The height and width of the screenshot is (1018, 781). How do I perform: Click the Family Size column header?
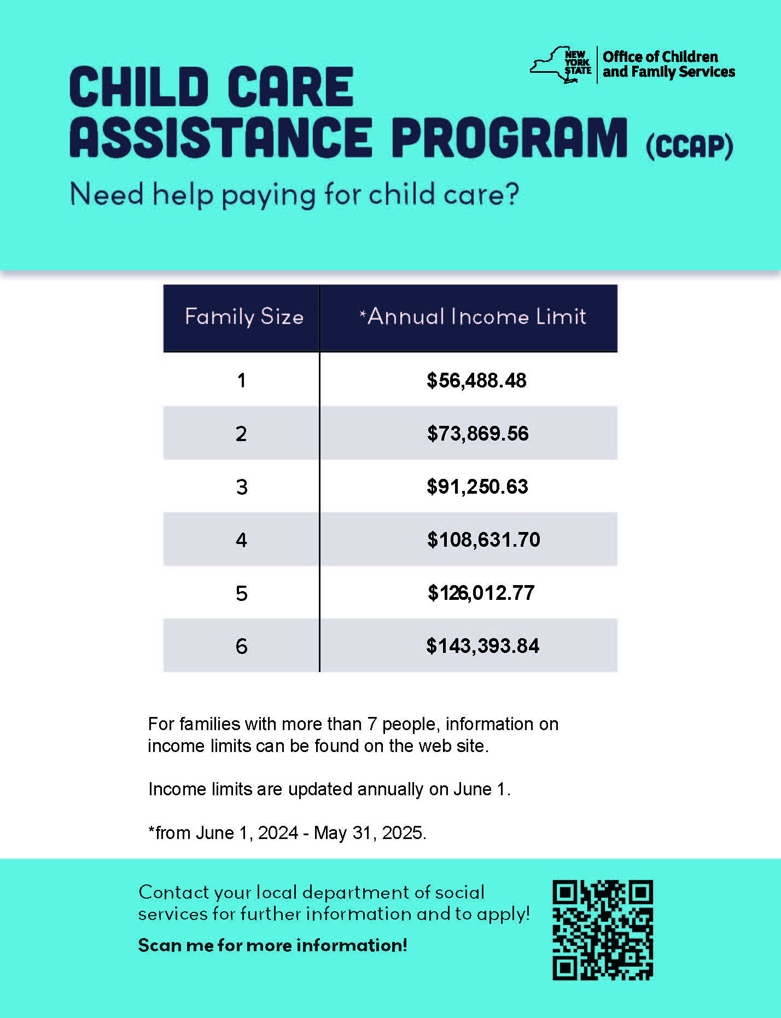[x=244, y=317]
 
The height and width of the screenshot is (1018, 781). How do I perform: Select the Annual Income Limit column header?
[x=473, y=317]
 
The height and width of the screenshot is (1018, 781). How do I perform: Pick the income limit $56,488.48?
[x=476, y=380]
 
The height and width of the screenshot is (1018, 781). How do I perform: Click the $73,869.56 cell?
[x=477, y=433]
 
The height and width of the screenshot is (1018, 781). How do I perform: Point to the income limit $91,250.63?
[x=477, y=487]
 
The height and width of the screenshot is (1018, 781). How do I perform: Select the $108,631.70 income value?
[x=483, y=540]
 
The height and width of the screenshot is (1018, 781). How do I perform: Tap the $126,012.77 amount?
[x=481, y=593]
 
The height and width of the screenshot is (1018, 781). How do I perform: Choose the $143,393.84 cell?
[x=482, y=646]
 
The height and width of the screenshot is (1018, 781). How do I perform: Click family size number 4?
[x=241, y=540]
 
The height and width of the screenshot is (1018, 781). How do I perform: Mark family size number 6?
[x=241, y=646]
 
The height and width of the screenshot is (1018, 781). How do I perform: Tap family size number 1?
[x=241, y=380]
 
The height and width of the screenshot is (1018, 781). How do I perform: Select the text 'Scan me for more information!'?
[x=272, y=945]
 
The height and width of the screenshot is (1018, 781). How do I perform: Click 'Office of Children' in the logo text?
[x=660, y=57]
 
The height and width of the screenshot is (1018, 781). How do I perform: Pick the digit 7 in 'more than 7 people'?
[x=372, y=724]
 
